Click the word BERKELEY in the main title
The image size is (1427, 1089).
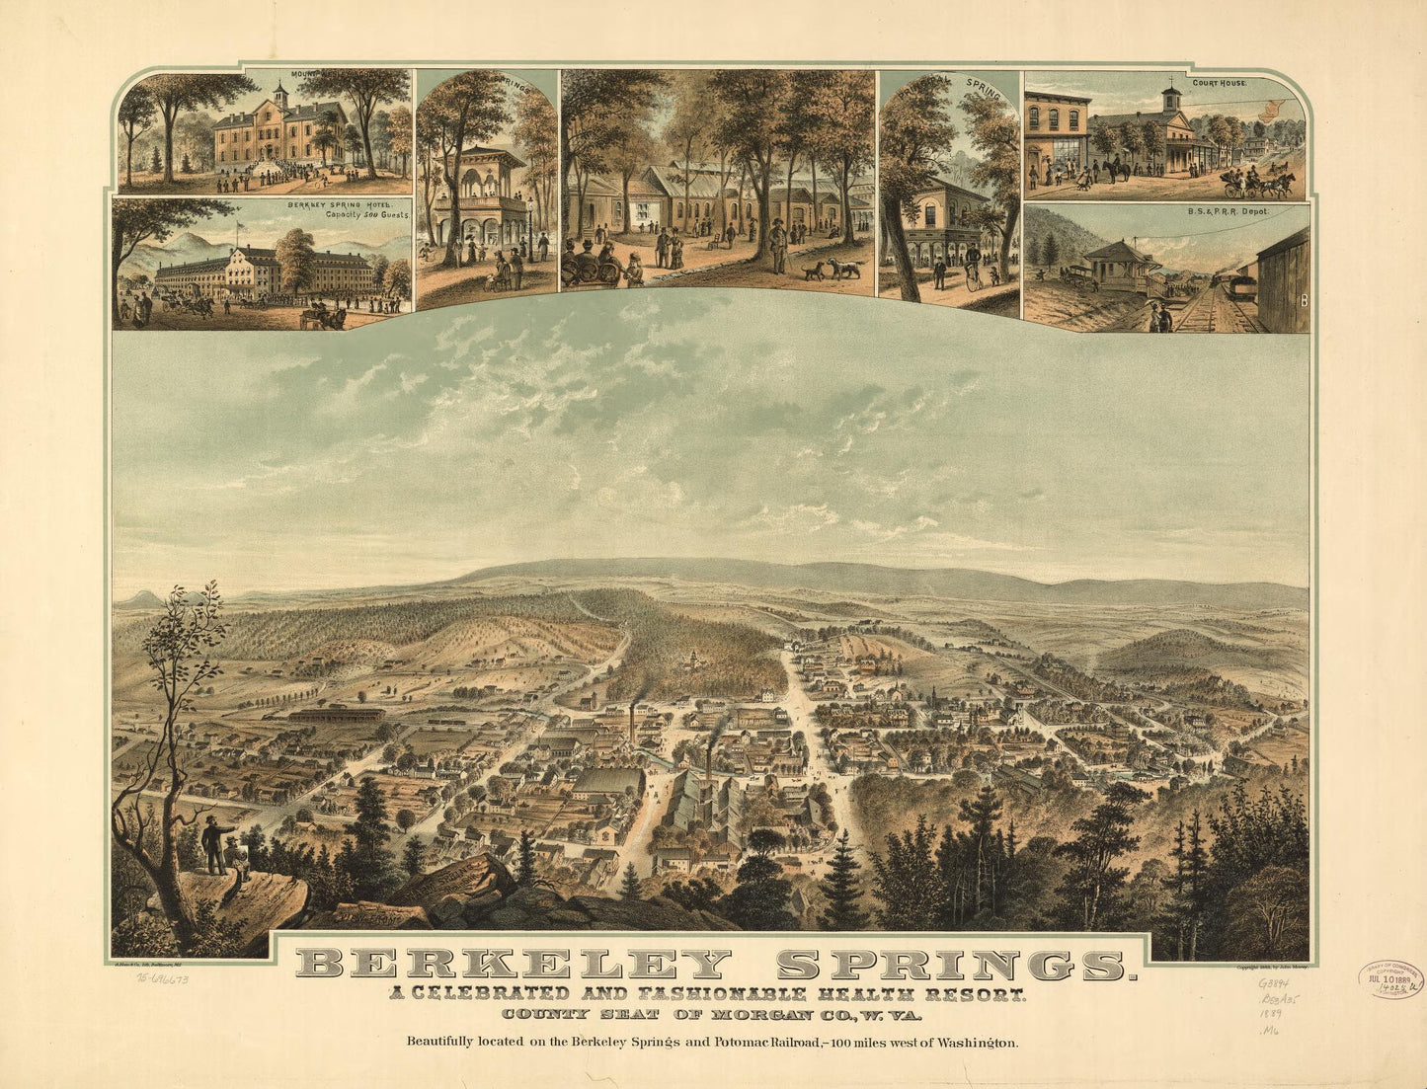pyautogui.click(x=514, y=964)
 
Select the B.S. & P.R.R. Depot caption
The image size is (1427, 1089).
pyautogui.click(x=1228, y=211)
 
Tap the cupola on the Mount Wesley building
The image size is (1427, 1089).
pyautogui.click(x=280, y=95)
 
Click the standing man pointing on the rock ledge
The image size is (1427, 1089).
pyautogui.click(x=212, y=843)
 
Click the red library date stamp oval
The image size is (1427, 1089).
pyautogui.click(x=1390, y=978)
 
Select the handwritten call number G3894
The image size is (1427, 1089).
pyautogui.click(x=1274, y=983)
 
